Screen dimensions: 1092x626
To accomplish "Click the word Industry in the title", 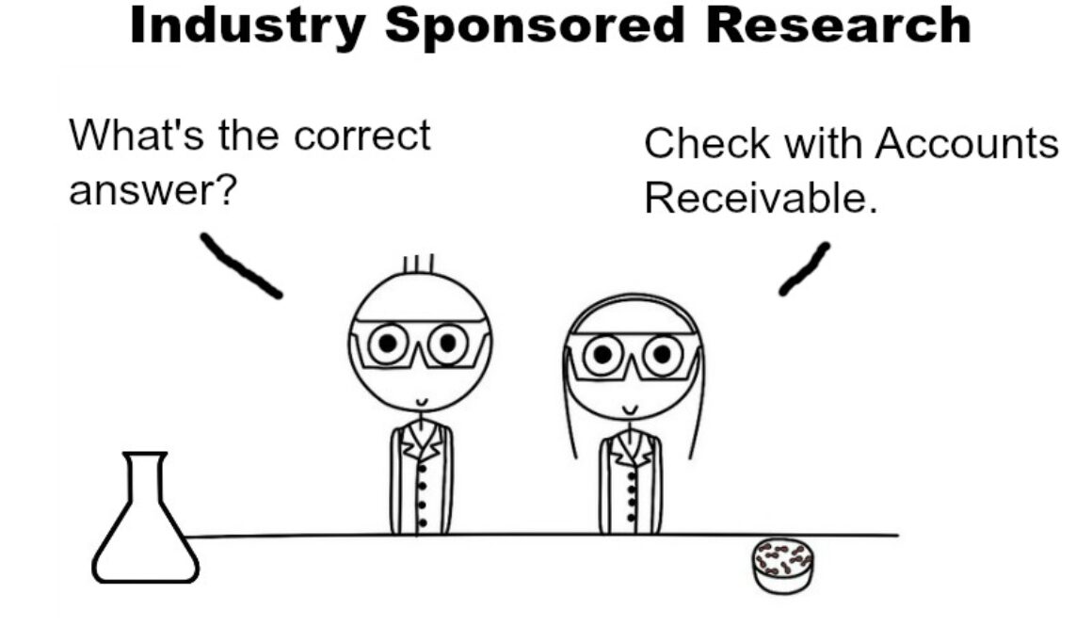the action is point(248,26).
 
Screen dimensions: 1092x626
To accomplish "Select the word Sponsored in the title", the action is point(535,26).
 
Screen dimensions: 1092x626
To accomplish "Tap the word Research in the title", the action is point(839,25).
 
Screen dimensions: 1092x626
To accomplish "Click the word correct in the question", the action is point(362,136).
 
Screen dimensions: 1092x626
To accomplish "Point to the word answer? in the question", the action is point(153,189).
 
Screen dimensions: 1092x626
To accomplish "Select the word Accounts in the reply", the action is point(967,143).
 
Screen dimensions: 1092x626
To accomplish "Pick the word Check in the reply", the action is point(708,143).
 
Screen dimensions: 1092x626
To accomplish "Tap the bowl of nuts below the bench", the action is point(783,566).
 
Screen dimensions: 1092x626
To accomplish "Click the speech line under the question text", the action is point(242,265).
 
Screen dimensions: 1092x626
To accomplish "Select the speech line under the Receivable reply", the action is point(804,269).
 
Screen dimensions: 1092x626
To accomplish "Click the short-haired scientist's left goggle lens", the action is point(388,343).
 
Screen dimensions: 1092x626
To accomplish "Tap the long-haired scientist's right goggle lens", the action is point(662,355).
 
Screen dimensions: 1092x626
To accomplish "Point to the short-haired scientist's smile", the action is point(422,403).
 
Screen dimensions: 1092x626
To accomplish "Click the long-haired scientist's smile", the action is point(630,409).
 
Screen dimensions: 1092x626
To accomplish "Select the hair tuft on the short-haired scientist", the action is point(419,264).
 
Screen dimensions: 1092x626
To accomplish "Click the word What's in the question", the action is point(136,136).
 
